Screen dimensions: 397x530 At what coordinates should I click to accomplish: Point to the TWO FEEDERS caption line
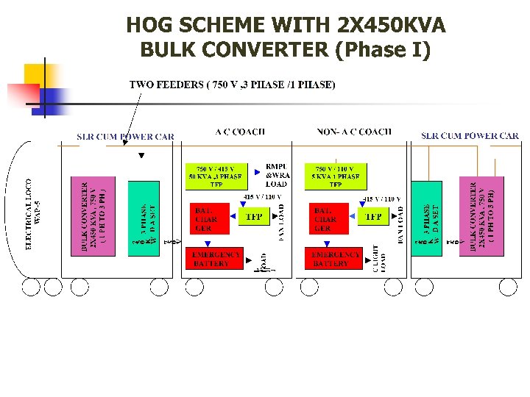click(x=233, y=85)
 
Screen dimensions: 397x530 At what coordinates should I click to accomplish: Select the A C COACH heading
click(x=240, y=132)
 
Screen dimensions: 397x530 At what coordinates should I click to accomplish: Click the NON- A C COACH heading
click(x=355, y=132)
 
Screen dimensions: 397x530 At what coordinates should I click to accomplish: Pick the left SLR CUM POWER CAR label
click(x=126, y=136)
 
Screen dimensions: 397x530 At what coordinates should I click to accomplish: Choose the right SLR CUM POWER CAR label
click(x=470, y=135)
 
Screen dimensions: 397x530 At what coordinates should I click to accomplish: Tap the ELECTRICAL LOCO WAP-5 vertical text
click(x=33, y=213)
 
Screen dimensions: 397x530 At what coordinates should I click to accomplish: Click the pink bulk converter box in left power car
click(x=93, y=216)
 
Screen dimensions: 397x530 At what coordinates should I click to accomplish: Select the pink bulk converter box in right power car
click(x=482, y=216)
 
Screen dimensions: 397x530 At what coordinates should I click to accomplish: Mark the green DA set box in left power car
click(x=144, y=219)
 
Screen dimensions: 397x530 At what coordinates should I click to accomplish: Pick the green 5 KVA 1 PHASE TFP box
click(x=336, y=176)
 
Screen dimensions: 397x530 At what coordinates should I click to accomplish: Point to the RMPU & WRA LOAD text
click(x=277, y=175)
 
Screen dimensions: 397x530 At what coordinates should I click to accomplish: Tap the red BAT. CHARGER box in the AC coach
click(x=206, y=218)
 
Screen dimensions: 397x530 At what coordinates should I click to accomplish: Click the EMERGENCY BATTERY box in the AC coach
click(x=216, y=259)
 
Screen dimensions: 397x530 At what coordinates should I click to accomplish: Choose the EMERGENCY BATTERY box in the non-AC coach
click(x=333, y=259)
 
